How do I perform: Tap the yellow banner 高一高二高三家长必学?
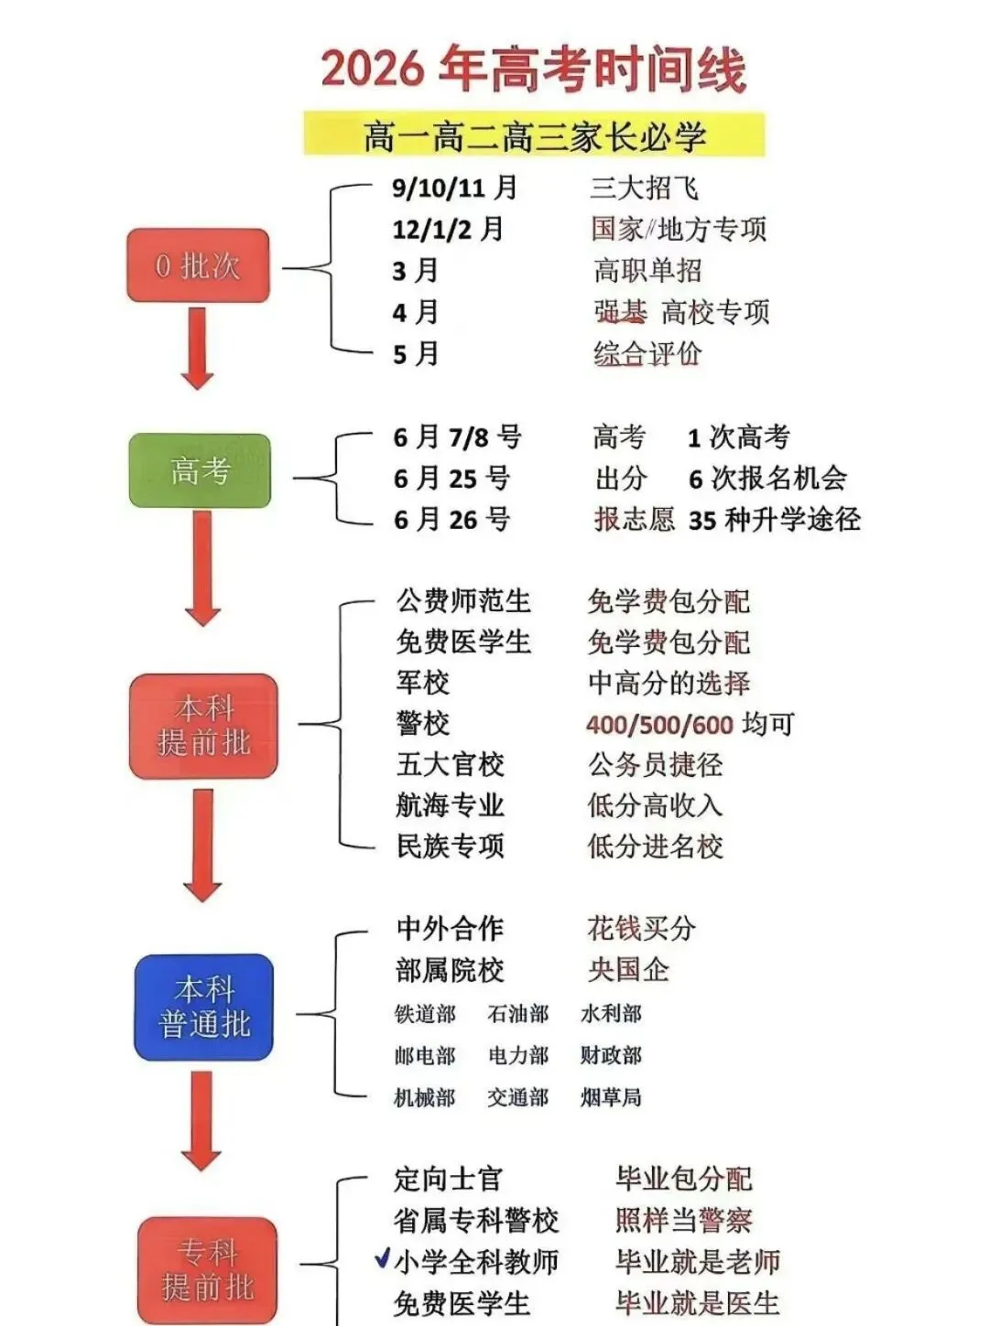[534, 135]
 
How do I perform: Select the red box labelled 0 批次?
[198, 265]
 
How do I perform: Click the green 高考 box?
[200, 470]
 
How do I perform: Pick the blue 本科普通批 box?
[204, 1007]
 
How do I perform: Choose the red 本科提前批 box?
[203, 726]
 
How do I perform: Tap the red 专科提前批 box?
[207, 1269]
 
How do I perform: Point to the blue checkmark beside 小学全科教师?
[383, 1259]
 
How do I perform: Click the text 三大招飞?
[644, 188]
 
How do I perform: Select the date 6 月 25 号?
[451, 478]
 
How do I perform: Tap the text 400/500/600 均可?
[690, 724]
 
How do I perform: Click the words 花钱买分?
[641, 928]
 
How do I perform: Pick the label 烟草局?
[611, 1096]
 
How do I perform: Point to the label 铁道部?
[425, 1013]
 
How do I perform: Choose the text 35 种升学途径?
[774, 520]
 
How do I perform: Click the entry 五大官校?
[450, 764]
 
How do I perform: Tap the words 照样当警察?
[683, 1220]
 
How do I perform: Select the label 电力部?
[518, 1055]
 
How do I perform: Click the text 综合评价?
[647, 353]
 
